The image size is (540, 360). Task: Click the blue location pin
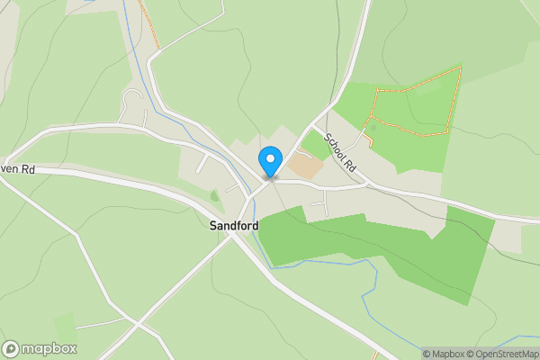(269, 161)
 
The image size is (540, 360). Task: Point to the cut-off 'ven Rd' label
(17, 168)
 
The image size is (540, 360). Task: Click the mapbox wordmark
(49, 349)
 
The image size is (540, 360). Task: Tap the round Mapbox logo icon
(11, 349)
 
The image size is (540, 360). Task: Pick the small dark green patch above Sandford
(214, 194)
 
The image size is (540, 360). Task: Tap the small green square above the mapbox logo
(65, 326)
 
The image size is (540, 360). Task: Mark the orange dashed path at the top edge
(149, 22)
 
